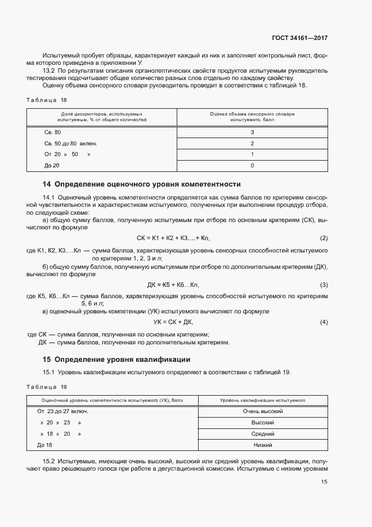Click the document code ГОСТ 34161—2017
pyautogui.click(x=301, y=38)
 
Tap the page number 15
pyautogui.click(x=324, y=482)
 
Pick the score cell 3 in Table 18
pyautogui.click(x=252, y=132)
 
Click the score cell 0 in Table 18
pyautogui.click(x=252, y=166)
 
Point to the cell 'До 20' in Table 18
pyautogui.click(x=52, y=166)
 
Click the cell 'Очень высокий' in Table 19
pyautogui.click(x=262, y=411)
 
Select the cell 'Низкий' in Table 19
pyautogui.click(x=262, y=445)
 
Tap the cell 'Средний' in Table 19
pyautogui.click(x=262, y=434)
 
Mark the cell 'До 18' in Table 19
pyautogui.click(x=44, y=445)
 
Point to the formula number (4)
pyautogui.click(x=324, y=322)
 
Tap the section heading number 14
pyautogui.click(x=47, y=184)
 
